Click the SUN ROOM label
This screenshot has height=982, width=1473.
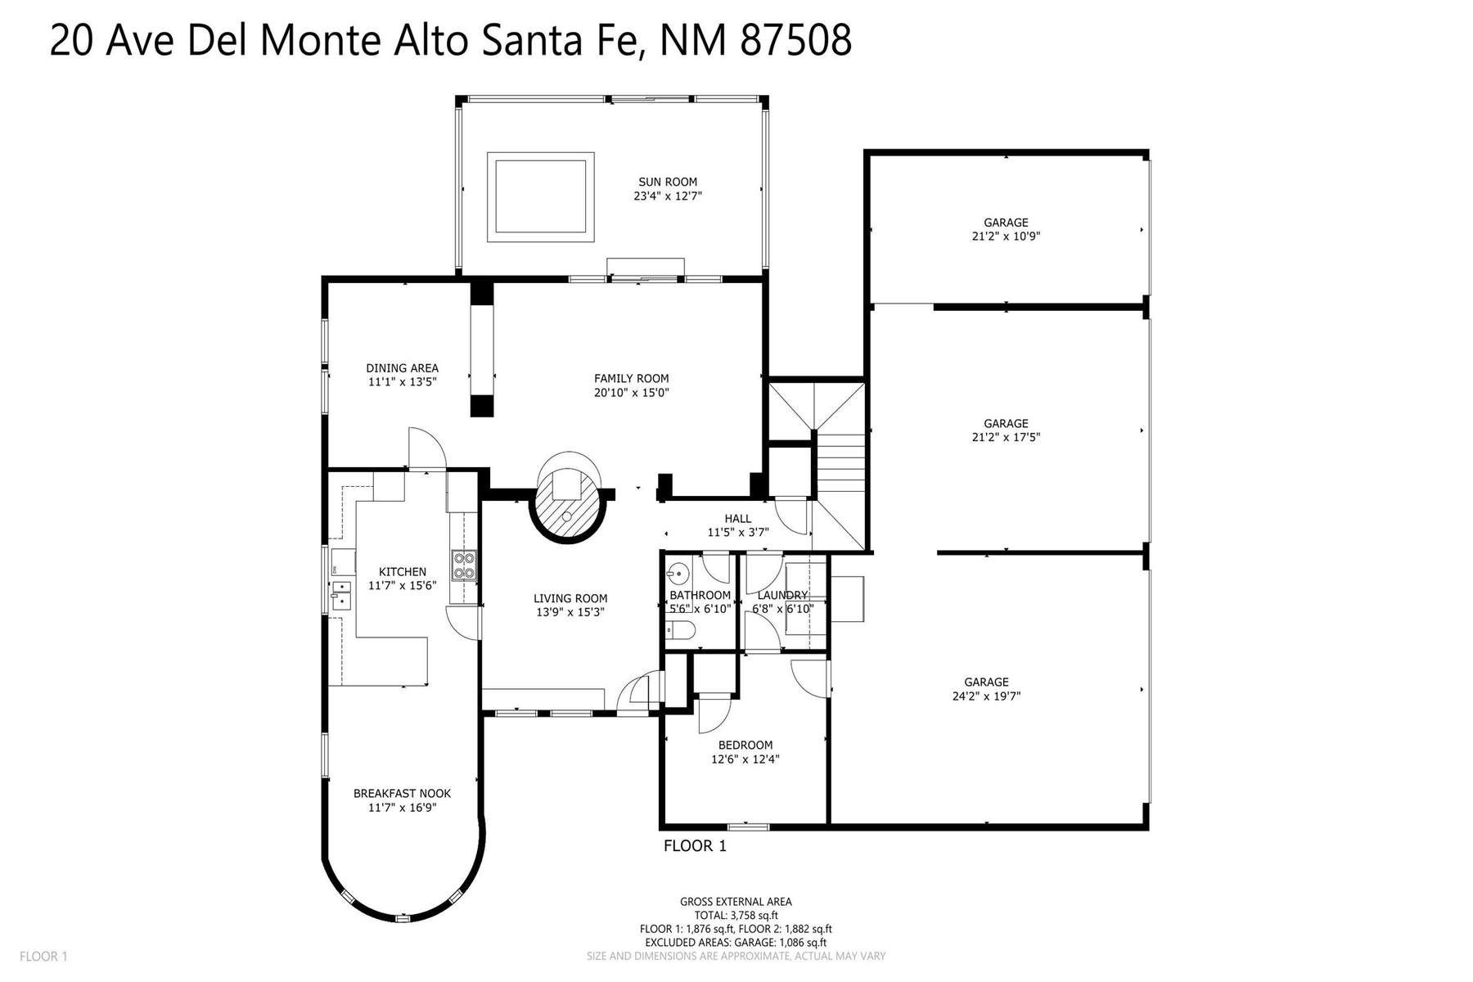(x=669, y=182)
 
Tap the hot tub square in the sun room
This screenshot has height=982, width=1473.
(x=540, y=196)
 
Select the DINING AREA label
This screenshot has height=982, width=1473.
(x=402, y=368)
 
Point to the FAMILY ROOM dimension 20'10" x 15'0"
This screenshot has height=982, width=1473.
(x=632, y=393)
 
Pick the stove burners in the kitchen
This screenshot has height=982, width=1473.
(x=464, y=565)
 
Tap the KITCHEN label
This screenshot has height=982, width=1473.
(x=402, y=572)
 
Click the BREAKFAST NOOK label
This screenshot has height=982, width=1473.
(x=402, y=793)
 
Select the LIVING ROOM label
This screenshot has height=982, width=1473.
(x=570, y=598)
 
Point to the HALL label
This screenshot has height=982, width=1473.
(x=737, y=518)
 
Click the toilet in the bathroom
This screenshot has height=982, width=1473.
(x=681, y=629)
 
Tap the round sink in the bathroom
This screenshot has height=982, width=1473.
(x=677, y=571)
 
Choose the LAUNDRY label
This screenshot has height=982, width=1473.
(x=782, y=595)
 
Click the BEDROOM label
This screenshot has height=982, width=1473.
(x=745, y=745)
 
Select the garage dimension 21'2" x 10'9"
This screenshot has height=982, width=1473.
(x=1006, y=236)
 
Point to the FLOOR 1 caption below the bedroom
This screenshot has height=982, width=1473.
(x=694, y=846)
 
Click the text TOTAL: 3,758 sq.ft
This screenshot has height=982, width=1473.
(x=736, y=916)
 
